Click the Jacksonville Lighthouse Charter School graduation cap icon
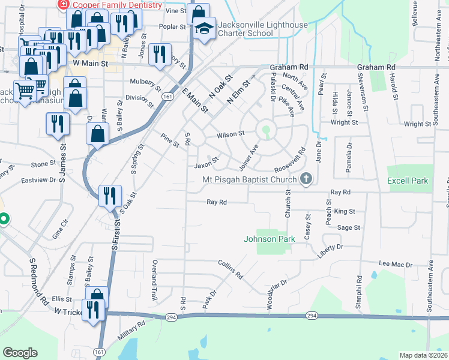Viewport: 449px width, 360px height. [204, 28]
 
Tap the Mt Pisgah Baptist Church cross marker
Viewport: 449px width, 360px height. [306, 178]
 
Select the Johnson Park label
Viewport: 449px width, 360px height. [270, 239]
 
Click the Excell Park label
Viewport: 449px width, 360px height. [408, 180]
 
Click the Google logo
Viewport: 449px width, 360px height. [20, 353]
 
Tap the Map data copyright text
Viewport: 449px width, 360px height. [423, 355]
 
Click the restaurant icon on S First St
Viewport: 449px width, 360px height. [110, 196]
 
